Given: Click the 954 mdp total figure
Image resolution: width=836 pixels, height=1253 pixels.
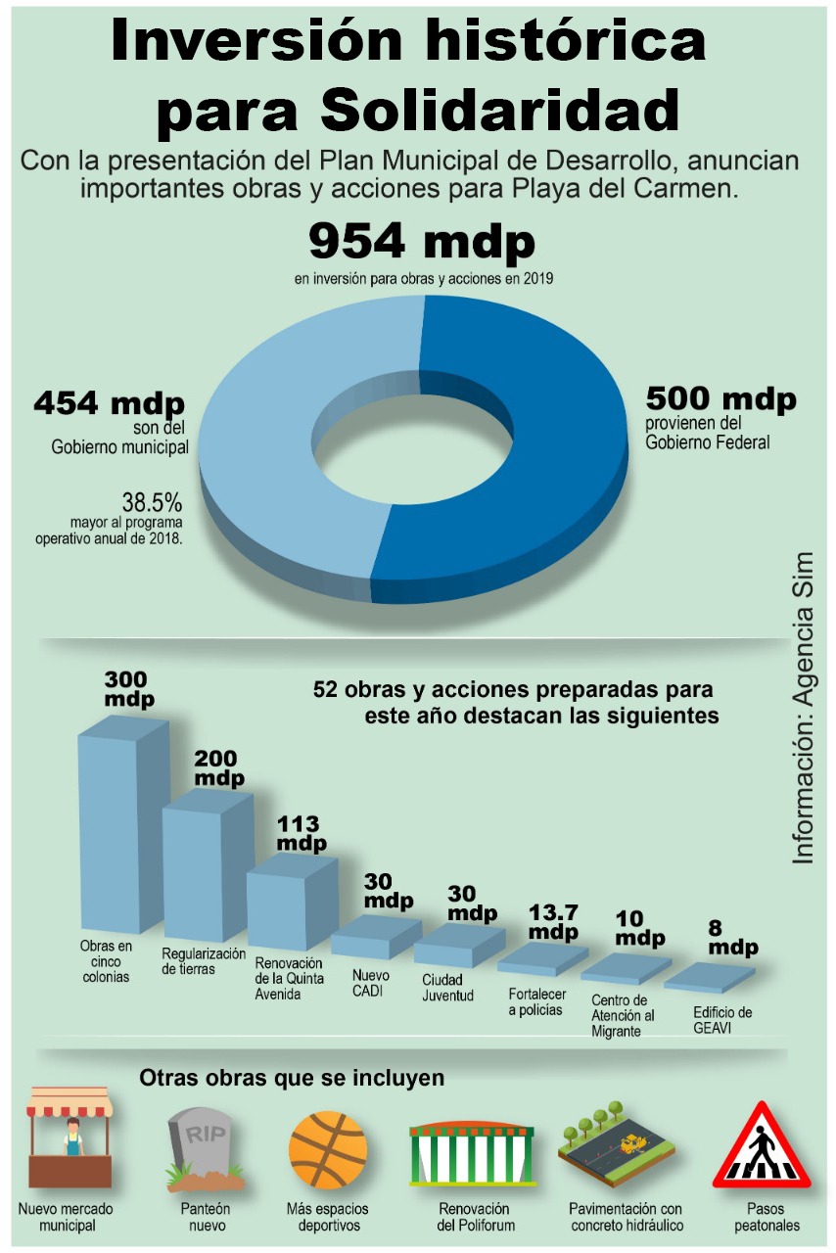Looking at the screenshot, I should pos(422,241).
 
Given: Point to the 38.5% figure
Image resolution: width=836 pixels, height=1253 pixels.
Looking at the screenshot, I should pos(152,502).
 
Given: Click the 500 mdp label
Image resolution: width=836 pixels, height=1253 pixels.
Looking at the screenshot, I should pos(720,399).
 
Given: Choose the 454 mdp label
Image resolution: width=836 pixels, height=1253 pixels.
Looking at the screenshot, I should pos(110,402).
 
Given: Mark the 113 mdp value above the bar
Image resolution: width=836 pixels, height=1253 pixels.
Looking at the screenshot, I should pos(299,833).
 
